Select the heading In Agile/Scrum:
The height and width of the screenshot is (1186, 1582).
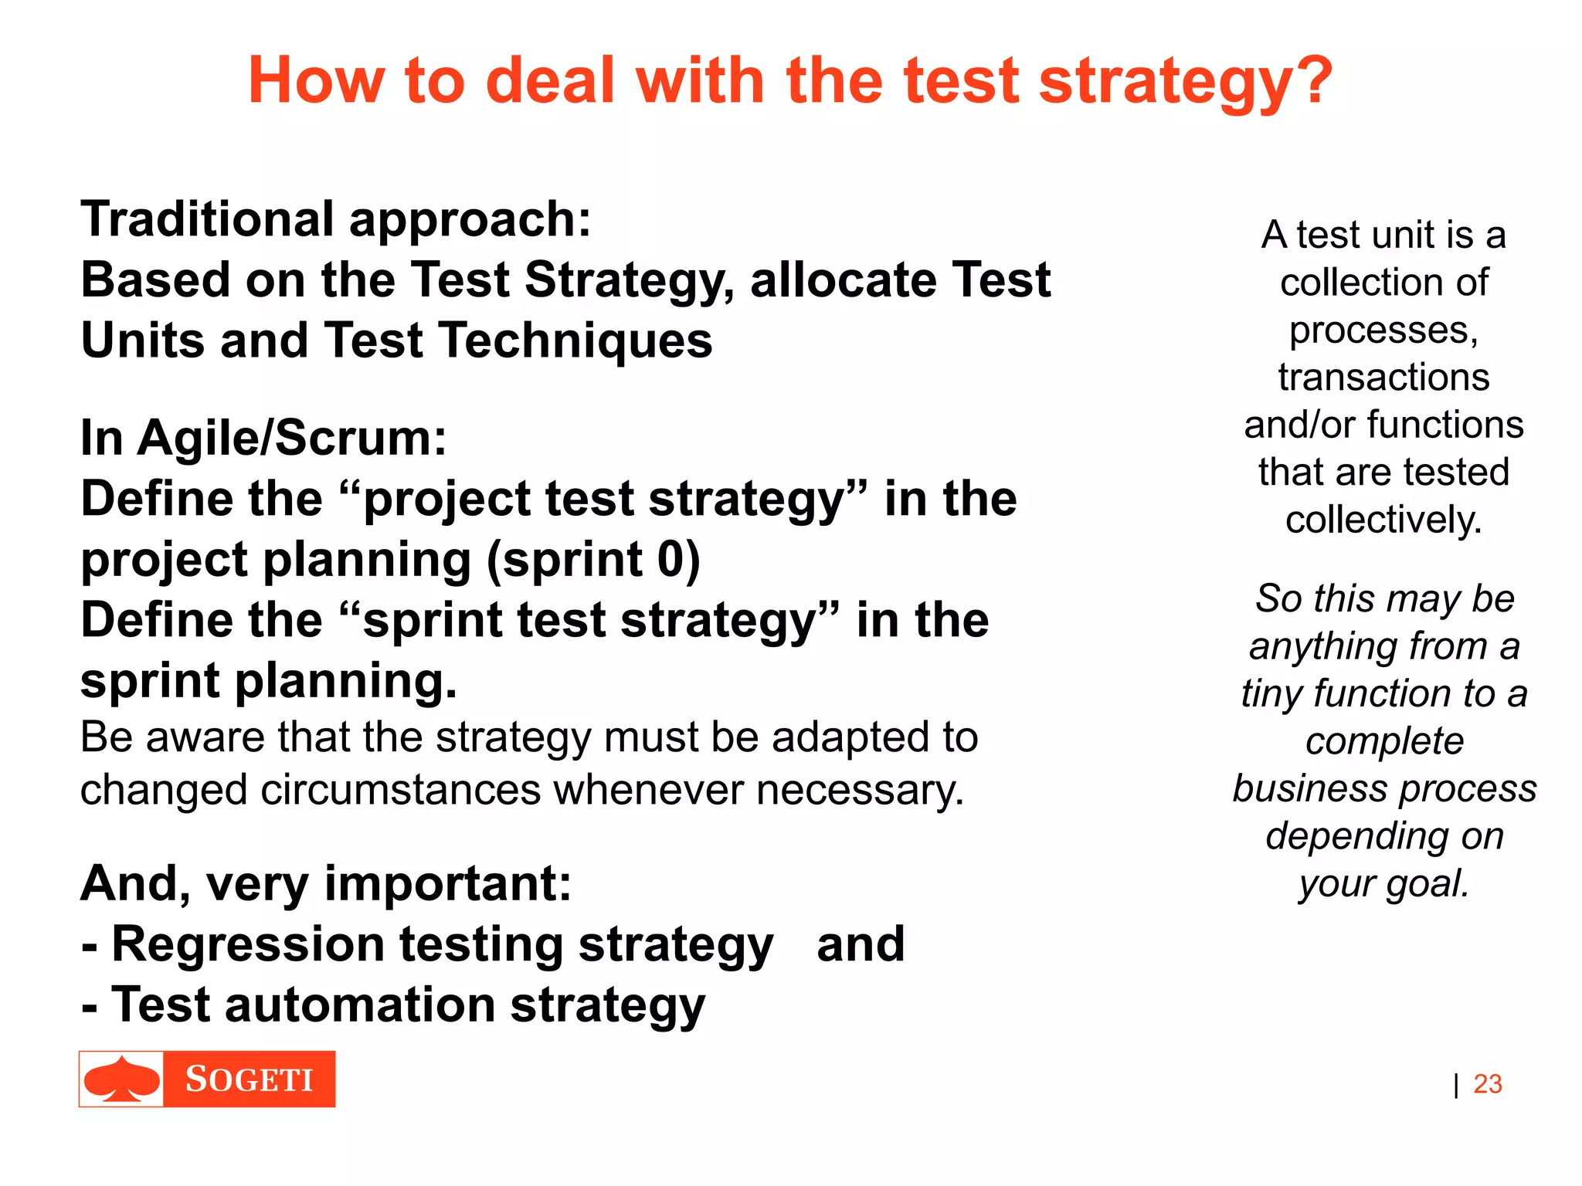[263, 439]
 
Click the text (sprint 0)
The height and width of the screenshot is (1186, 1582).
[593, 560]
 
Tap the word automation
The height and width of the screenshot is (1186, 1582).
[360, 1005]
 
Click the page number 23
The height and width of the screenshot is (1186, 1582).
[1487, 1084]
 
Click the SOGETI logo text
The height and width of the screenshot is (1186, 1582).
[249, 1079]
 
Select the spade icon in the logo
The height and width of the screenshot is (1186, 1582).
[121, 1079]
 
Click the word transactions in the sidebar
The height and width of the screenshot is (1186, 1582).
[1383, 378]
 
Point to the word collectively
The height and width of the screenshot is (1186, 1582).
[1383, 520]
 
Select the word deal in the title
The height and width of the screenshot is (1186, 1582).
[549, 81]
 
